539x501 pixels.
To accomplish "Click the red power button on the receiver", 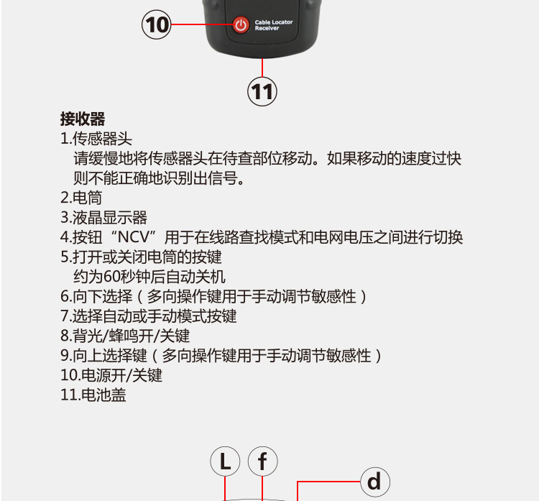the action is (x=241, y=24).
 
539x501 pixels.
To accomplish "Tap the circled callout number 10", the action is (x=157, y=24).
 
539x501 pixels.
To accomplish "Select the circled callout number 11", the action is (x=262, y=91).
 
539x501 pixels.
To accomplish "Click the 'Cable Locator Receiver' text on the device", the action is (x=274, y=25).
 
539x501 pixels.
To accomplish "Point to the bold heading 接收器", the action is (x=83, y=119).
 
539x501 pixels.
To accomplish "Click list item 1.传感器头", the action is (x=96, y=139).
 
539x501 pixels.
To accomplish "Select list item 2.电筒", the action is (x=81, y=198).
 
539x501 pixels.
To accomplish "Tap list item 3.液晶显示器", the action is (x=103, y=217).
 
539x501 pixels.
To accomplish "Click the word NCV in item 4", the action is (x=134, y=237).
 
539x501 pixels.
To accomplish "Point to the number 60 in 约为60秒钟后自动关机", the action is (x=111, y=277).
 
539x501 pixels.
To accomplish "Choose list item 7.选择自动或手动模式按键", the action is (x=149, y=316).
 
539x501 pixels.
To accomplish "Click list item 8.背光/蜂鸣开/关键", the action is (x=125, y=336).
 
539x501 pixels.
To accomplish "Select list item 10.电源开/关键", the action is (x=111, y=375).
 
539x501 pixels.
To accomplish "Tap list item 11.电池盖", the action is (x=93, y=395).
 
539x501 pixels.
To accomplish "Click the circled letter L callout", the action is (x=225, y=461).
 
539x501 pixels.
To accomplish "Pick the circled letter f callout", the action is (x=262, y=461).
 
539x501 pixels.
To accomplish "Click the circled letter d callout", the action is (x=375, y=482).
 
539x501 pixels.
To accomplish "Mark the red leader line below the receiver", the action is (x=262, y=68).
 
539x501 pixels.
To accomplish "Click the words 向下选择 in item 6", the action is (x=103, y=296).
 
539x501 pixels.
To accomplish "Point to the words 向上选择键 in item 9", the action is (x=110, y=356).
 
